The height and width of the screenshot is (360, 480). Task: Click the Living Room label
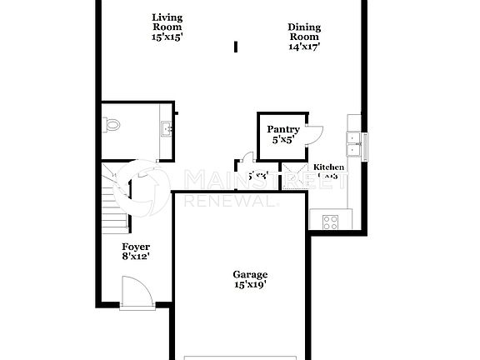click(x=167, y=17)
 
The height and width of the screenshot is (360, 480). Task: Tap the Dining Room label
click(x=304, y=27)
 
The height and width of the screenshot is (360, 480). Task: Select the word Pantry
click(x=283, y=129)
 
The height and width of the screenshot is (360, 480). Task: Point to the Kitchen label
click(x=328, y=167)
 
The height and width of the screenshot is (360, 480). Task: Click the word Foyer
click(x=136, y=247)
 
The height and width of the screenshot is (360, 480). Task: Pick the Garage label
click(x=250, y=274)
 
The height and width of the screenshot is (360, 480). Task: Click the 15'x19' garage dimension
click(x=250, y=285)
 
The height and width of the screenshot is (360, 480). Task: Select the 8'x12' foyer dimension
click(x=136, y=257)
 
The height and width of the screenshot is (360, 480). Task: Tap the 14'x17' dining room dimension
click(x=304, y=47)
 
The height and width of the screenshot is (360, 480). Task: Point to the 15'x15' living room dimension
click(x=167, y=37)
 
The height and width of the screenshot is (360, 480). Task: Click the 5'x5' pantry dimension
click(x=283, y=141)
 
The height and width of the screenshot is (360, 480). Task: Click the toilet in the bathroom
click(x=112, y=126)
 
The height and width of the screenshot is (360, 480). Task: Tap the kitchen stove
click(x=327, y=222)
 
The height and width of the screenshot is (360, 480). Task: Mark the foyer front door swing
click(x=136, y=293)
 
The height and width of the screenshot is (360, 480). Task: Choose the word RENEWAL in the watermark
click(x=229, y=202)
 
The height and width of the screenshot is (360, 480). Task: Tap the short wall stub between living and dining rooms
click(x=236, y=47)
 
